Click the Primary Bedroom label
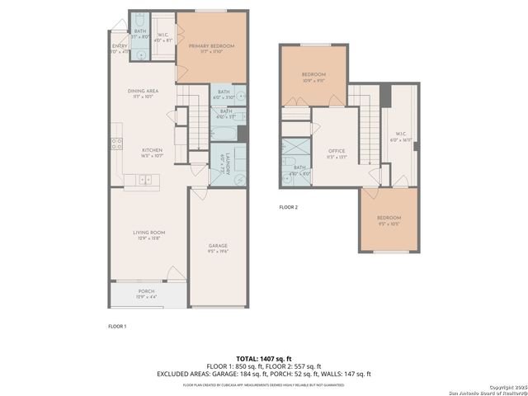[x=211, y=49]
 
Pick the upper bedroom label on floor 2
[x=314, y=78]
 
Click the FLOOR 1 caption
[x=118, y=327]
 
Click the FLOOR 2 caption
[x=288, y=207]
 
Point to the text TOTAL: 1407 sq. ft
[x=263, y=358]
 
